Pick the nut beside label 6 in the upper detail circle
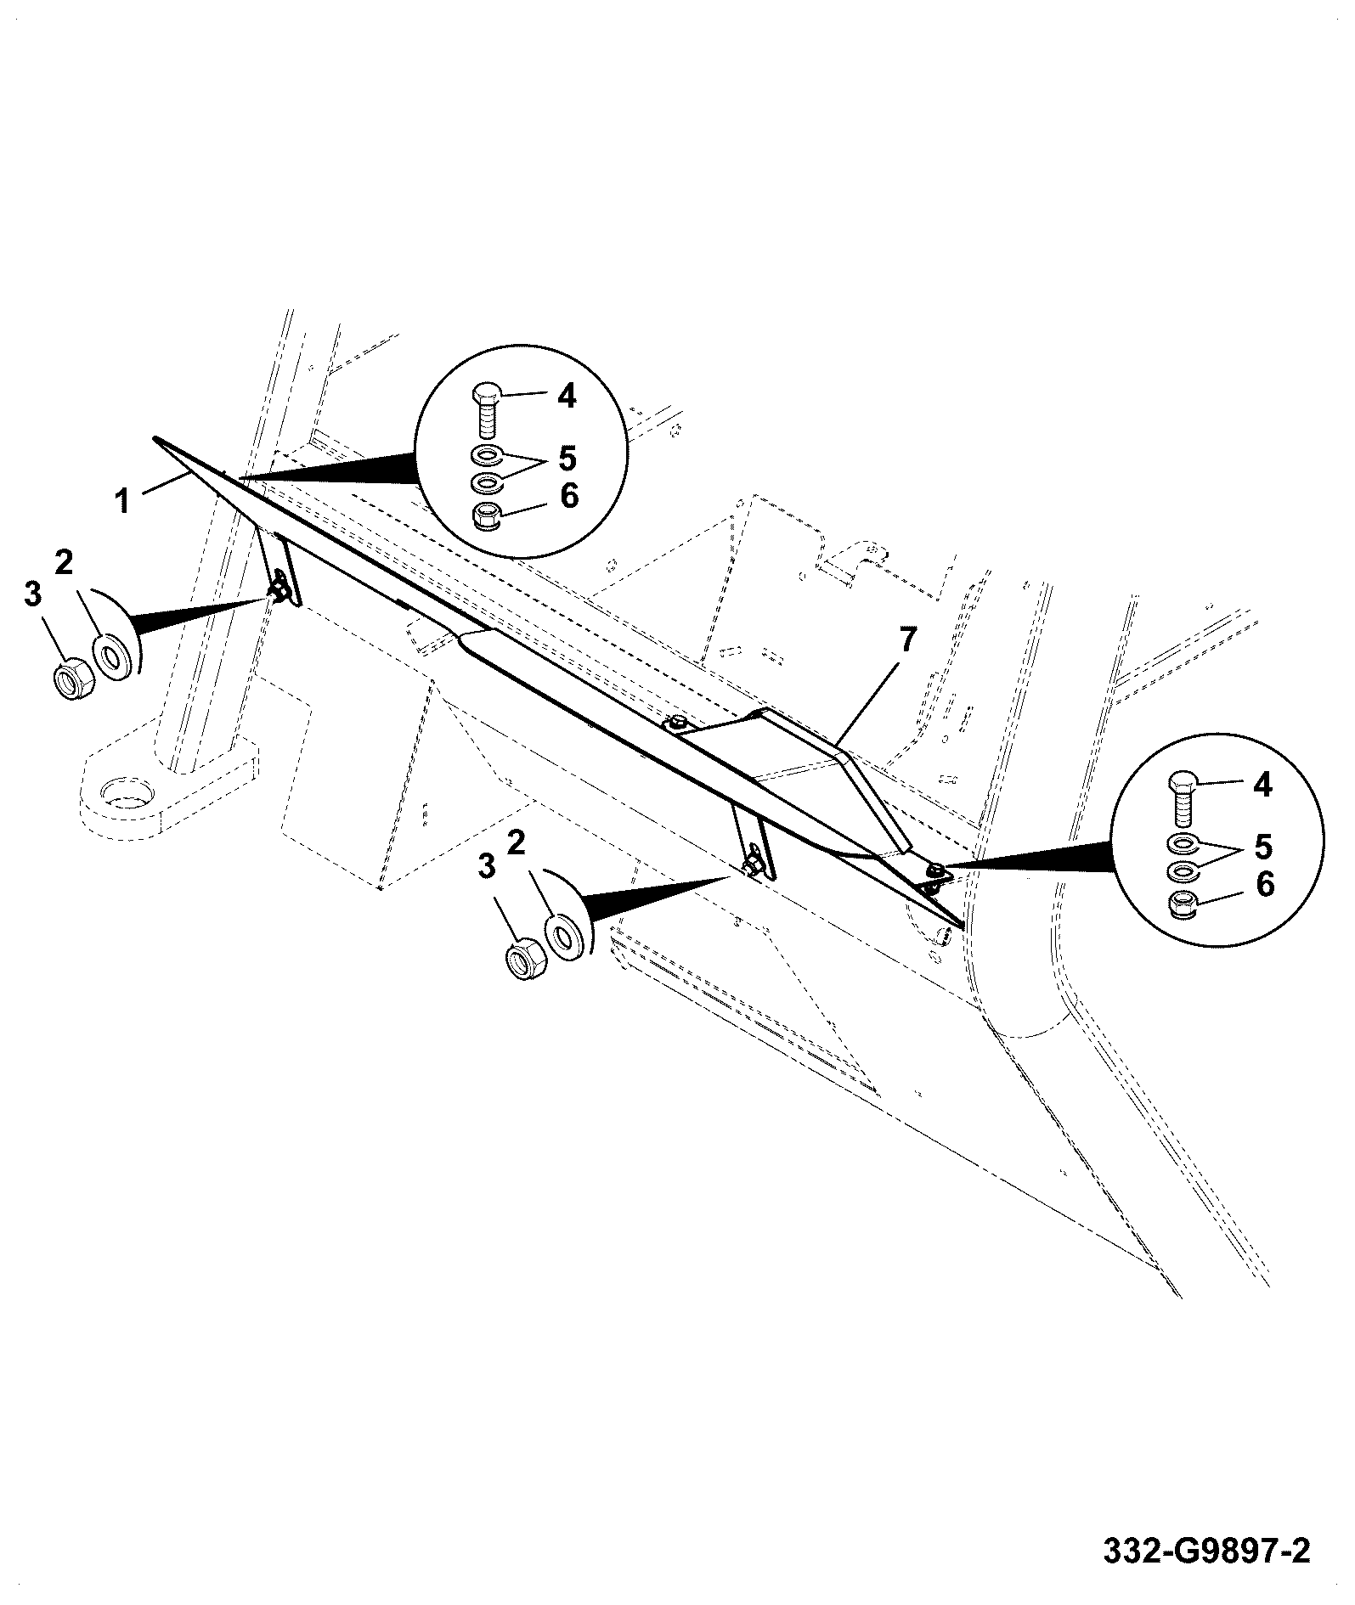click(484, 515)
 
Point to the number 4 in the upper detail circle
click(567, 396)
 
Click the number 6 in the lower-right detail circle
click(1265, 885)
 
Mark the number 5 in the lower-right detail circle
click(1263, 846)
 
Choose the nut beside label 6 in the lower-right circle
click(1183, 905)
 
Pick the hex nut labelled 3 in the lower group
click(522, 960)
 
